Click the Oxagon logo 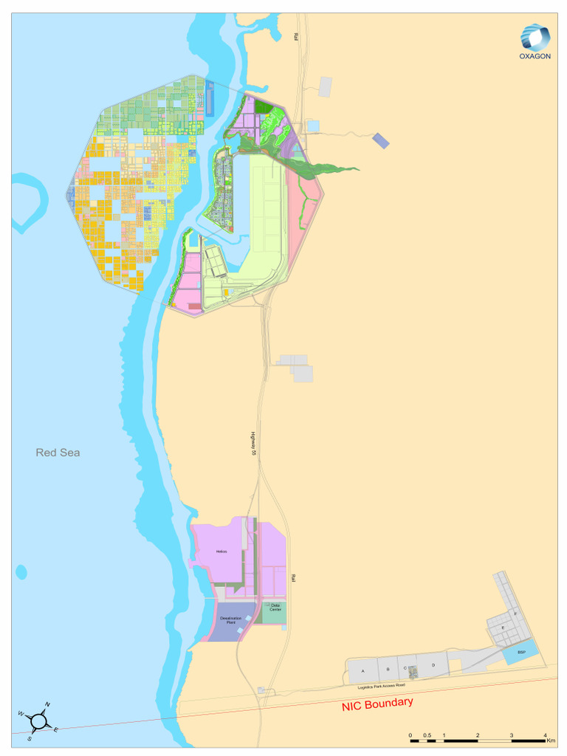click(535, 43)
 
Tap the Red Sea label click(58, 453)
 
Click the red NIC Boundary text click(377, 704)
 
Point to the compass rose click(39, 718)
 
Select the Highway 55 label click(252, 442)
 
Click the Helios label click(221, 551)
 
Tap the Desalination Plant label click(231, 621)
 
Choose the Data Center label click(275, 608)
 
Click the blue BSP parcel click(520, 653)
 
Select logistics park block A click(362, 671)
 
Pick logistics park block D click(433, 666)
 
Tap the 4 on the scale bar click(544, 735)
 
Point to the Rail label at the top click(295, 36)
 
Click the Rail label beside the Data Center click(292, 580)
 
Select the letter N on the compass click(48, 704)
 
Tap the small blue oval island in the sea click(21, 572)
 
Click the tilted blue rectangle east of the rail click(380, 140)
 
